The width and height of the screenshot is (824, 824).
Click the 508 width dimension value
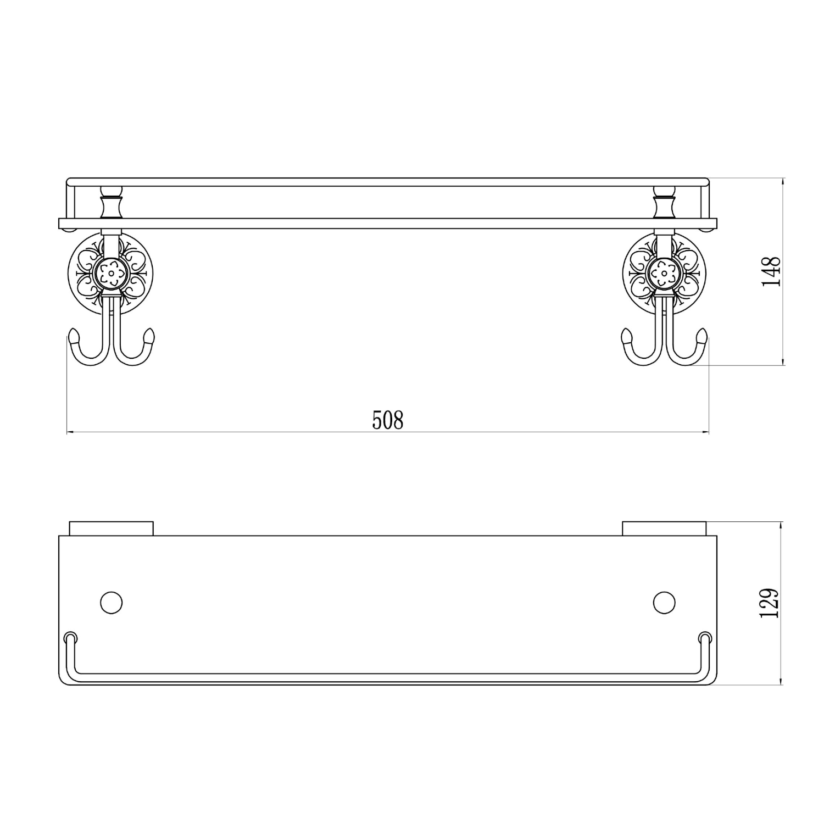pos(388,420)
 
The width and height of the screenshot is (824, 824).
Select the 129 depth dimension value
pos(769,603)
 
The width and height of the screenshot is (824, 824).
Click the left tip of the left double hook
pos(73,334)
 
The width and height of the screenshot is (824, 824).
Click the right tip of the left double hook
pos(149,334)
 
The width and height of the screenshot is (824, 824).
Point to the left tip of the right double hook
pos(626,334)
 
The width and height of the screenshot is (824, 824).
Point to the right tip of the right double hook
pos(702,334)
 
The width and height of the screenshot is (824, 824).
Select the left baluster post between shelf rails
pos(112,203)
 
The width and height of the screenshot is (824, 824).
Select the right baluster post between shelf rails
pos(664,203)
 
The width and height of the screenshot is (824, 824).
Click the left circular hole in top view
pos(112,603)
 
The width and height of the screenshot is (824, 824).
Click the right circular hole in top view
pos(664,603)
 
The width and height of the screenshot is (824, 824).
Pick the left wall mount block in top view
pos(112,528)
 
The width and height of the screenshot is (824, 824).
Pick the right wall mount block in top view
pos(664,528)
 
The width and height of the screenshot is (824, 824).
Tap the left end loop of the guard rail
pos(70,638)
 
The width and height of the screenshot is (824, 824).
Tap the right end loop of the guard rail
pos(705,638)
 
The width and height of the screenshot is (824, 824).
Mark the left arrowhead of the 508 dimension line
pos(69,433)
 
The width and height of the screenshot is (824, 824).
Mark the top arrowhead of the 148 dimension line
pos(783,180)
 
